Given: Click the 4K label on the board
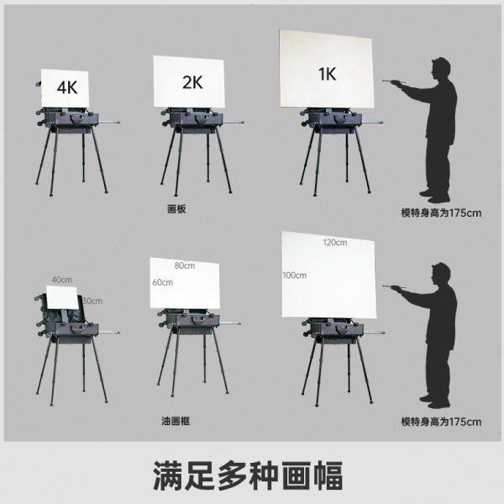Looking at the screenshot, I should point(67,86).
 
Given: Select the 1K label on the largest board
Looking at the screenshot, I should point(328,73).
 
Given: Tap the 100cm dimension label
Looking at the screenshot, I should point(294,276).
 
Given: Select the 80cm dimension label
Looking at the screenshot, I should point(185,265).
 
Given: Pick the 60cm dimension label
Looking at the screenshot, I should point(162,282).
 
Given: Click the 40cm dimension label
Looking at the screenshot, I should point(61,280).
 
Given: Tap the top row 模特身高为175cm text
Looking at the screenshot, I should point(441,213).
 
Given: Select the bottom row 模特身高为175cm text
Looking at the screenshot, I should point(441,420).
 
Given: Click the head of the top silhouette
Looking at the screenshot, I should point(440,70).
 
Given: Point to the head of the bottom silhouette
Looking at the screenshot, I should point(440,275).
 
